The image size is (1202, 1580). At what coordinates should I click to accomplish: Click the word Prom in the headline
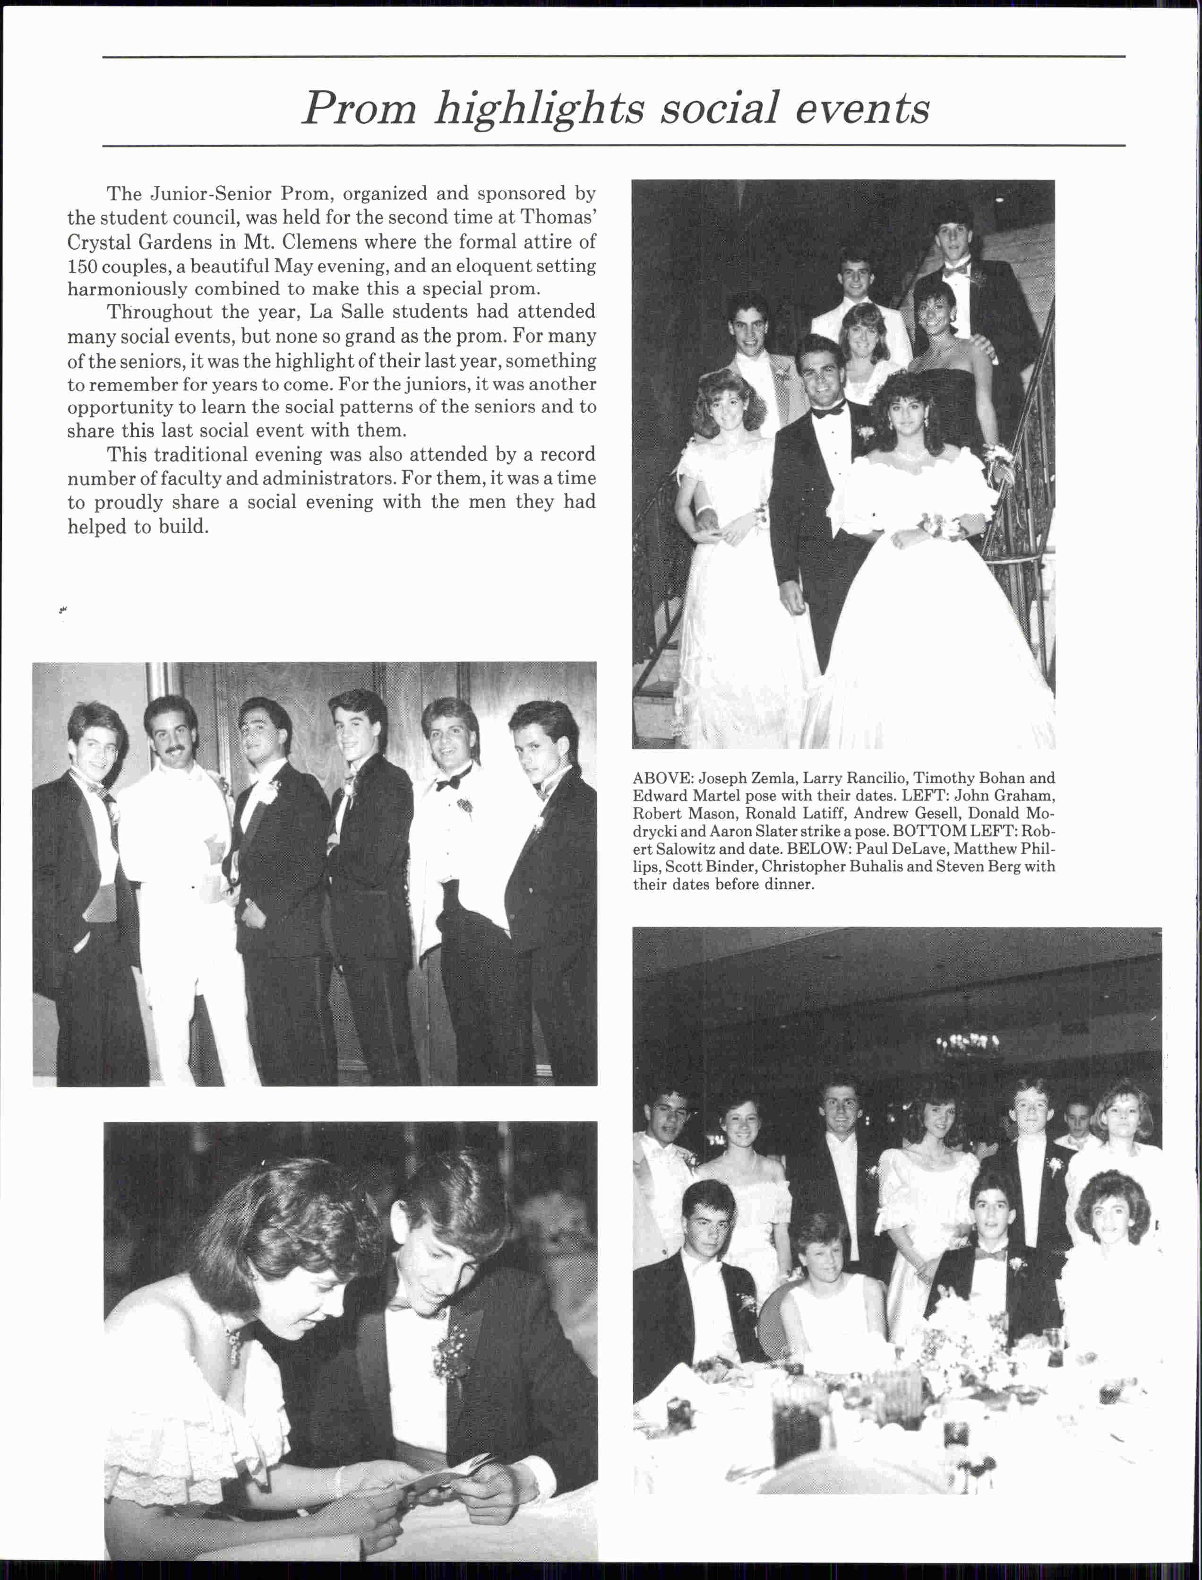(359, 109)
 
